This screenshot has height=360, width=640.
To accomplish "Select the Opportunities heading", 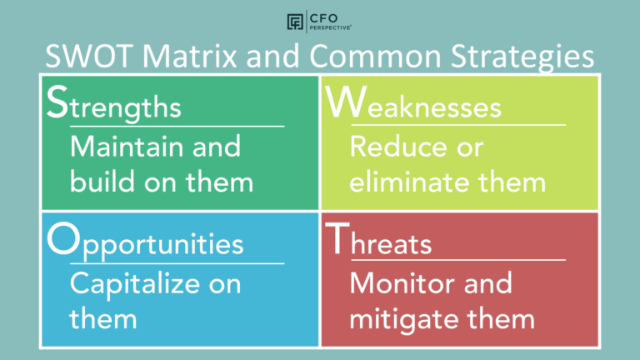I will click(x=145, y=242).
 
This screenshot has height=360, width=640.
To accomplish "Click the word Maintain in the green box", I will click(x=127, y=147).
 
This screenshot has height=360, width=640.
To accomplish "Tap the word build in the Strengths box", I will click(x=97, y=181).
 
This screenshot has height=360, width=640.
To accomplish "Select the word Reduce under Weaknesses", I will click(x=397, y=147).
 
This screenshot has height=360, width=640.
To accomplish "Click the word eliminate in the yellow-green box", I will click(x=417, y=181).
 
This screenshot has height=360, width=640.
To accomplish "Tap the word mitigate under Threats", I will click(x=407, y=317).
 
